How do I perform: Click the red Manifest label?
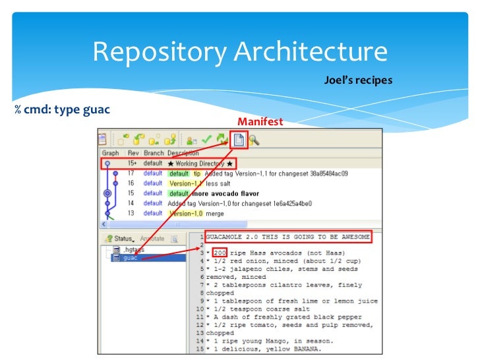[x=260, y=122]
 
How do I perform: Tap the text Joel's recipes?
[x=358, y=80]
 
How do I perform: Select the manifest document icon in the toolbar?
[x=239, y=140]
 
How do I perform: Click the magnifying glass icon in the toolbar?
[x=254, y=140]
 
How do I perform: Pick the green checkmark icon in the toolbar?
[x=207, y=140]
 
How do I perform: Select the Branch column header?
[x=154, y=153]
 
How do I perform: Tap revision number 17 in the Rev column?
[x=131, y=173]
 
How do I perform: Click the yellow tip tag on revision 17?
[x=197, y=173]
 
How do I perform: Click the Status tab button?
[x=123, y=238]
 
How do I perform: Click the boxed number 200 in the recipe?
[x=222, y=253]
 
